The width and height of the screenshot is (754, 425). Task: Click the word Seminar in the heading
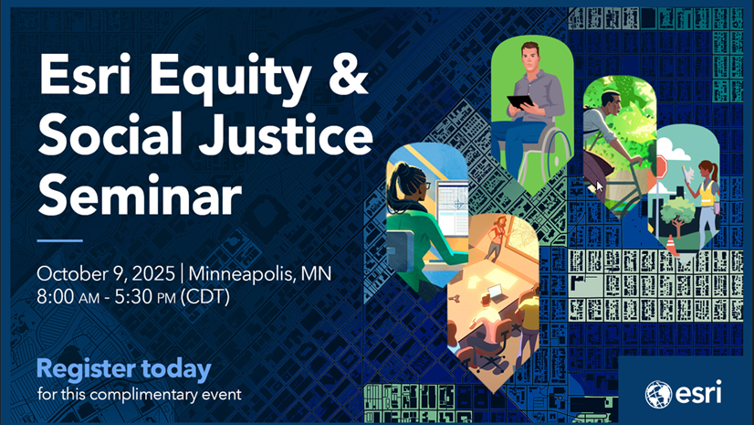tap(140, 194)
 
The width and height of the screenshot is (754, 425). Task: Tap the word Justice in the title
tap(287, 133)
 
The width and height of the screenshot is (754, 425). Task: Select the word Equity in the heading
tap(231, 78)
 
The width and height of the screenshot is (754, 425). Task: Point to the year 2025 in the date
tap(153, 273)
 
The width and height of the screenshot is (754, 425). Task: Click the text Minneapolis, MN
tap(260, 274)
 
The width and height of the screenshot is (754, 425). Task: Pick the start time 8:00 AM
tap(68, 297)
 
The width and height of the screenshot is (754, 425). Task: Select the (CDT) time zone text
tap(205, 297)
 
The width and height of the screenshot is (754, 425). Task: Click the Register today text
tap(124, 369)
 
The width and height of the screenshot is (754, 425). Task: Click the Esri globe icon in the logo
tap(658, 394)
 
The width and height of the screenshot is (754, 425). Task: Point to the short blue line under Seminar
tap(59, 240)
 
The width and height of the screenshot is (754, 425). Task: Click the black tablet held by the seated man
tap(520, 102)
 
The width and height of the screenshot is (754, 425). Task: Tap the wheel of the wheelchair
tap(558, 149)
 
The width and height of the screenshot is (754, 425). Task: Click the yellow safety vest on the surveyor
tap(706, 191)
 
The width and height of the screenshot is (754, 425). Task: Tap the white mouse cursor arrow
tap(599, 186)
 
